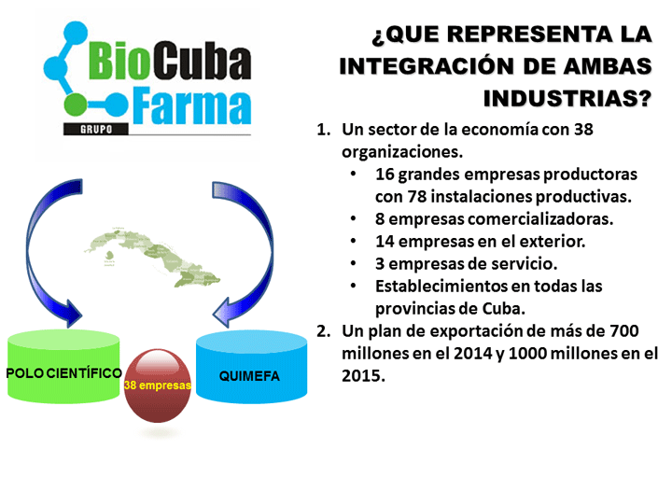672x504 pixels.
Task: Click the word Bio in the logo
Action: click(119, 62)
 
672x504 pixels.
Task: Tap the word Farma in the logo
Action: click(191, 105)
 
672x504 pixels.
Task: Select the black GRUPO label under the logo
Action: click(96, 129)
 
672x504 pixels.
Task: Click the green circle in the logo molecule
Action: click(76, 105)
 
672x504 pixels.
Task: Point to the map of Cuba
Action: click(152, 257)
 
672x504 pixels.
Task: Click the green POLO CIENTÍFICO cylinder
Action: click(63, 367)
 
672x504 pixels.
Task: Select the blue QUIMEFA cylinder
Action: click(251, 368)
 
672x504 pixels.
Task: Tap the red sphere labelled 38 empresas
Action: click(158, 385)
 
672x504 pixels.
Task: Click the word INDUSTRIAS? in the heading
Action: click(567, 99)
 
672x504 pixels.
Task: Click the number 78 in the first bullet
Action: click(416, 197)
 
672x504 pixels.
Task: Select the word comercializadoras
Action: click(540, 219)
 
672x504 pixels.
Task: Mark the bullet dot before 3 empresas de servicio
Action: click(353, 263)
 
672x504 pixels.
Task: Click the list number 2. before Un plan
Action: click(324, 331)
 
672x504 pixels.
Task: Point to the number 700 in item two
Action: click(624, 330)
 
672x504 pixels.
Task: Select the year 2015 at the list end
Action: click(363, 376)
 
